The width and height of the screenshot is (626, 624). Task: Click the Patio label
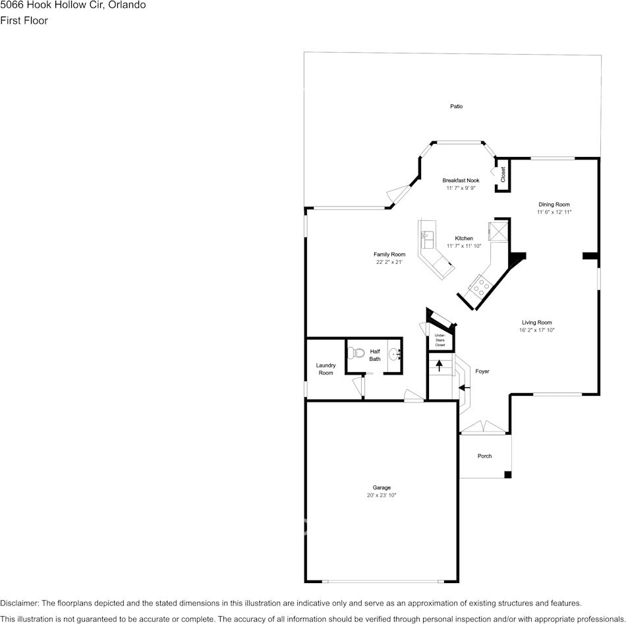(456, 106)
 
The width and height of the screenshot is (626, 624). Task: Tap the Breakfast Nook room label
(461, 180)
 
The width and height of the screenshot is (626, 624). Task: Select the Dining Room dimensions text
(554, 212)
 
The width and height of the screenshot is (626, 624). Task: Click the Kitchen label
(464, 238)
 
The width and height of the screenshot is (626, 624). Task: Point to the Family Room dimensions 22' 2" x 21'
(389, 262)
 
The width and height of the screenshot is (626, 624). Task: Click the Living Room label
(536, 323)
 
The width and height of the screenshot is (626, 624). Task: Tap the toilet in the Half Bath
(356, 353)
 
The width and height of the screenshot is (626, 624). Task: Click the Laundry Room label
(326, 369)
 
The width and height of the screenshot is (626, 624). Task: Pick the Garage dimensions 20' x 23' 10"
(382, 495)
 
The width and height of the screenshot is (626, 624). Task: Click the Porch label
(484, 456)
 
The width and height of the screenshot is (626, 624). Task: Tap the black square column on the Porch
(507, 474)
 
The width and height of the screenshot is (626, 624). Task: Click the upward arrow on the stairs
(439, 365)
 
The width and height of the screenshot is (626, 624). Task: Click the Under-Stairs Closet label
(440, 340)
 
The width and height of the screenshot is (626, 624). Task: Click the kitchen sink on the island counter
(426, 235)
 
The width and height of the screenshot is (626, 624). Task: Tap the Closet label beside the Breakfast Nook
(503, 174)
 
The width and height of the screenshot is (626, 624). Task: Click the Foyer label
(482, 371)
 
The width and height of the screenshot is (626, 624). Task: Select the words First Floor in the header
(24, 20)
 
